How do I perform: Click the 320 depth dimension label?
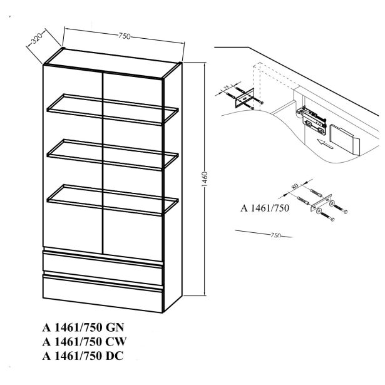coord(38,38)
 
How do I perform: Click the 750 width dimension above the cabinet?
coord(124,36)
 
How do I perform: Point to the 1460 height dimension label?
coord(205,179)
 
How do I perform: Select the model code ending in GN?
coord(83,327)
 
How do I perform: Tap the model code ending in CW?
coord(85,342)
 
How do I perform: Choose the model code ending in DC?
coord(83,356)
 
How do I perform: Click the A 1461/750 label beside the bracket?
coord(265,208)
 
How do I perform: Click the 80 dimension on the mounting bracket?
coord(295,186)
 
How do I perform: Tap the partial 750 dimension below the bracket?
coord(275,235)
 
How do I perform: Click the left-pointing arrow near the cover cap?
coord(325,144)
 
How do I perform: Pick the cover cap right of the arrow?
coord(344,139)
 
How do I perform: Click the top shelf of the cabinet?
coord(113,110)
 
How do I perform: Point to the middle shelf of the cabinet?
coord(113,155)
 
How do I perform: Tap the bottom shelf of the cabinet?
coord(113,200)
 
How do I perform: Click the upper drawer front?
coord(103,268)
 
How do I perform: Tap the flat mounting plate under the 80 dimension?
coord(321,203)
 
